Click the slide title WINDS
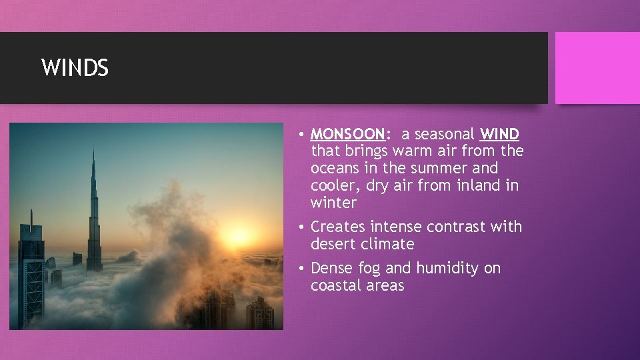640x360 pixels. point(75,68)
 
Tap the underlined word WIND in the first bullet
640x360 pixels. point(499,134)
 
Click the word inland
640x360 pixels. point(479,186)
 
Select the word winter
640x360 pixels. point(333,203)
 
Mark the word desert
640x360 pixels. point(333,245)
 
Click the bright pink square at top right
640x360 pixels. point(597,68)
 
